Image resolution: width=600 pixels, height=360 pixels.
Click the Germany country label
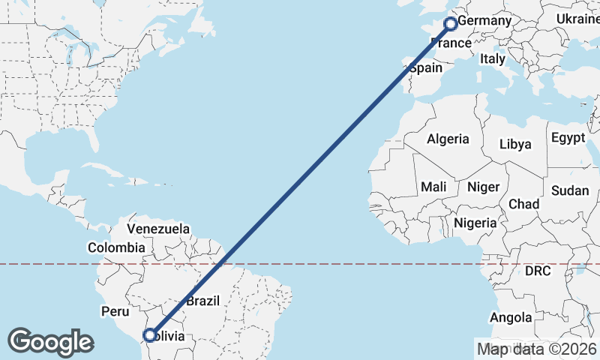(x=484, y=21)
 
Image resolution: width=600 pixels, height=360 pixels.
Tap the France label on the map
(x=452, y=43)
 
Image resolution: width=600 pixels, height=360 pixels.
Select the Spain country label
(x=426, y=67)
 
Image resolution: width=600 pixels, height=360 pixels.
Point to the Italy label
(x=493, y=58)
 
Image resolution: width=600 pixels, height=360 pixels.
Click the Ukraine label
(x=577, y=19)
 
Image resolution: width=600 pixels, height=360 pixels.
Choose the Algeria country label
(x=448, y=139)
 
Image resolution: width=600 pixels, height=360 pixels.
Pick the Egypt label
(x=568, y=138)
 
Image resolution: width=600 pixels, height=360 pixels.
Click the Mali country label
(x=433, y=187)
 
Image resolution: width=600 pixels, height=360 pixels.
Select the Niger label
(x=483, y=187)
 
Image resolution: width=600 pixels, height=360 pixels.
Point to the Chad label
(x=523, y=204)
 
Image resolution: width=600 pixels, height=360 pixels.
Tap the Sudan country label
(x=570, y=190)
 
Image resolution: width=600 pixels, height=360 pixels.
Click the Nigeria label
(x=475, y=223)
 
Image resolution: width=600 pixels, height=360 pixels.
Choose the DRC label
(x=538, y=270)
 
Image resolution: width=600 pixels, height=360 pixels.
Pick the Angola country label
(x=511, y=318)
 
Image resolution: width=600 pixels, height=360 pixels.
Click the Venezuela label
(x=158, y=228)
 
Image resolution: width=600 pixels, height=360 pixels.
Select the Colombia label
(x=116, y=247)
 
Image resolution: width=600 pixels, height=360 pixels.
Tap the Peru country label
(x=115, y=311)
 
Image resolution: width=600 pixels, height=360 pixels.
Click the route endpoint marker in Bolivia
(x=149, y=335)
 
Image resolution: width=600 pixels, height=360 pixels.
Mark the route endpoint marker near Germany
(x=451, y=24)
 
